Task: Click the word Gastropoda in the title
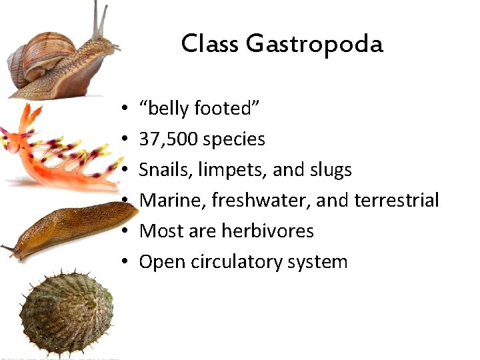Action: (x=314, y=44)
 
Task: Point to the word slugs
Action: (x=330, y=169)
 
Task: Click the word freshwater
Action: (x=261, y=200)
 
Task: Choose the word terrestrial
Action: (x=397, y=200)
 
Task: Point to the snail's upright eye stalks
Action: (x=99, y=20)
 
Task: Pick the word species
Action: (x=234, y=139)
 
